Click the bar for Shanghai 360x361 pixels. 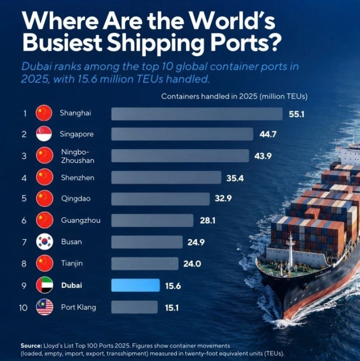point(197,114)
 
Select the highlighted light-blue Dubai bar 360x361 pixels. point(135,285)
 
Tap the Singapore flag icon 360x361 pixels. point(44,133)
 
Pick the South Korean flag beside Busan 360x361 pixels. point(45,242)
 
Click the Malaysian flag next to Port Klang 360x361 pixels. point(45,307)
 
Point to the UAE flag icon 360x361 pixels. point(45,285)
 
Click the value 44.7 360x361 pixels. point(268,134)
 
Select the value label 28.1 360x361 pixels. point(208,221)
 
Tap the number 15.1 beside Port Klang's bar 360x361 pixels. point(172,307)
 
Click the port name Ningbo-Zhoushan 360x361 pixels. point(78,156)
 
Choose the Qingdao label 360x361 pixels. point(76,198)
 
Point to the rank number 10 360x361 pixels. point(23,307)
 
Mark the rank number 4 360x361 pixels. point(24,178)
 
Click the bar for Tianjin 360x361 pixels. point(145,263)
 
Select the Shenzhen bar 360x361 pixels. point(166,177)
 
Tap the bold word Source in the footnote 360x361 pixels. point(31,345)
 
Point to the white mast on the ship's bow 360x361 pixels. point(291,251)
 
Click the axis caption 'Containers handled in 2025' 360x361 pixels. point(209,96)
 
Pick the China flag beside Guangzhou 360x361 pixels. point(45,220)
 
